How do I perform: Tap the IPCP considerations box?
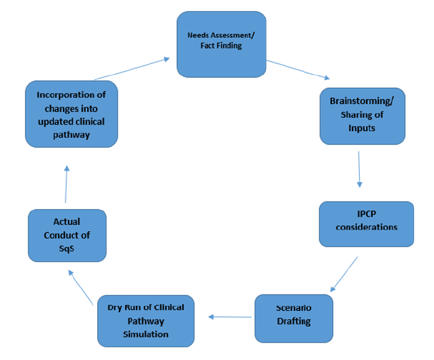[366, 224]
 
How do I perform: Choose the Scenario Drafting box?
[294, 317]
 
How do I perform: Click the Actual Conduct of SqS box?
[67, 234]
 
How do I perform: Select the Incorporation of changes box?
[71, 114]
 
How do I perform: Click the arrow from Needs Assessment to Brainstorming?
[298, 70]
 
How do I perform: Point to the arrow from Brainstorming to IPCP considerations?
[359, 168]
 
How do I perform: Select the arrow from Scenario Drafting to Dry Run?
[230, 316]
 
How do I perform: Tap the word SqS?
[67, 247]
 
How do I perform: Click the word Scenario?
[294, 308]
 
